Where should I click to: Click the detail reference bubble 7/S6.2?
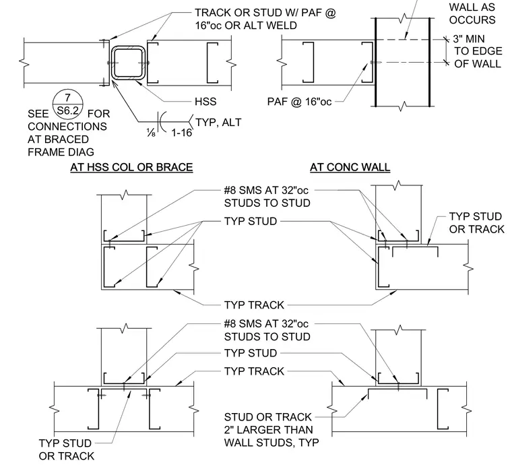[x=67, y=104]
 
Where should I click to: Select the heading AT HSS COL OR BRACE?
[x=131, y=167]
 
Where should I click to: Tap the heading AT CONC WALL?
[x=350, y=167]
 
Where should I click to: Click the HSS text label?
[x=205, y=102]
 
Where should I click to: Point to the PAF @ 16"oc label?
[x=299, y=102]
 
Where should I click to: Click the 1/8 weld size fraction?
[x=151, y=133]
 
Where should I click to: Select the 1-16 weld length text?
[x=181, y=133]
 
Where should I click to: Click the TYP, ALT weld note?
[x=218, y=123]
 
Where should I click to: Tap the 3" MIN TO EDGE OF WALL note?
[x=478, y=51]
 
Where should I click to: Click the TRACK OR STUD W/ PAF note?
[x=265, y=19]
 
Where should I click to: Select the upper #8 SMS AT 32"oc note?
[x=267, y=197]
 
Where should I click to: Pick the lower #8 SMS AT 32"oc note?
[x=267, y=330]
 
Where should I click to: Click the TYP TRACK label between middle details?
[x=254, y=305]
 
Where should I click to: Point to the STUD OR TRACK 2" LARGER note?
[x=271, y=430]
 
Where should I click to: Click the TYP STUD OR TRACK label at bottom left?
[x=66, y=449]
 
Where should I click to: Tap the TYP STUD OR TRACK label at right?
[x=476, y=223]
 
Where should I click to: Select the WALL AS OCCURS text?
[x=472, y=13]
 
